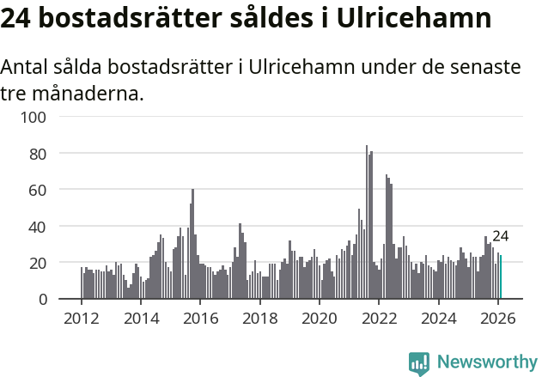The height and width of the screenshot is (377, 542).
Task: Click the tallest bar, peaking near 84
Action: (x=367, y=223)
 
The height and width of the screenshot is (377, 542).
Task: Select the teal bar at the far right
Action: (x=501, y=277)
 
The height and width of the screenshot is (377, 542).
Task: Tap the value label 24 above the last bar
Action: (x=501, y=237)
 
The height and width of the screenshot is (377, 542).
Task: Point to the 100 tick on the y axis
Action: (x=44, y=117)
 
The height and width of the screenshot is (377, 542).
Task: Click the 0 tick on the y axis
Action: (x=52, y=299)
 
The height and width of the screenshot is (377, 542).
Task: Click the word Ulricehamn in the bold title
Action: (x=406, y=19)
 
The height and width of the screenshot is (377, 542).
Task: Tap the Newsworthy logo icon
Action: (x=419, y=363)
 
